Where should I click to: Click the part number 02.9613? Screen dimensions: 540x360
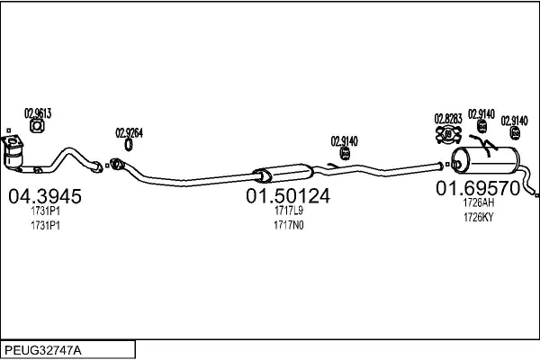tap(38, 113)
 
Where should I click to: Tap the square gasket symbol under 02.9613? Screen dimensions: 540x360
tap(37, 126)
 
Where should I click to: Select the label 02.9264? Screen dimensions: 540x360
tap(129, 133)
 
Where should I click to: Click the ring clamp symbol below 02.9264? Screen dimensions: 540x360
tap(129, 145)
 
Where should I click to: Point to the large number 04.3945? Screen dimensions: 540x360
tap(45, 196)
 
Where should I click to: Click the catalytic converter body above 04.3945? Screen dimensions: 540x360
tap(13, 153)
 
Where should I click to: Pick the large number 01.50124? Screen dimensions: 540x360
tap(288, 195)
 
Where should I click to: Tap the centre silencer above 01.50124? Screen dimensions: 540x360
tap(283, 174)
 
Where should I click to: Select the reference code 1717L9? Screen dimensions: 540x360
tap(289, 210)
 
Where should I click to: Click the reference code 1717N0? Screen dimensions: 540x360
tap(289, 225)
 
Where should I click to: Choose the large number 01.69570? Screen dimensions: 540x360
tap(478, 188)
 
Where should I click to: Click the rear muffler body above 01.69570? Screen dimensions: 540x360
tap(485, 160)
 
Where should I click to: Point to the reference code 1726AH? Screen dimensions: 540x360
tap(479, 202)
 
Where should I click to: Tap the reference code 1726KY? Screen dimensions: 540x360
tap(479, 218)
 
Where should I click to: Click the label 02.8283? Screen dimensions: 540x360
tap(448, 119)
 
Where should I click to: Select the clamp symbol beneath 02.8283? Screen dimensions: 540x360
tap(448, 134)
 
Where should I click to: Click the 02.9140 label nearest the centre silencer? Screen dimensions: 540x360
tap(345, 141)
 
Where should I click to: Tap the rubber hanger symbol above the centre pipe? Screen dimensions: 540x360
tap(345, 153)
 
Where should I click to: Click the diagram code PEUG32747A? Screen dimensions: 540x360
tap(43, 350)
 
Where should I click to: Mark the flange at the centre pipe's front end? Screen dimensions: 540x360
tap(116, 164)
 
